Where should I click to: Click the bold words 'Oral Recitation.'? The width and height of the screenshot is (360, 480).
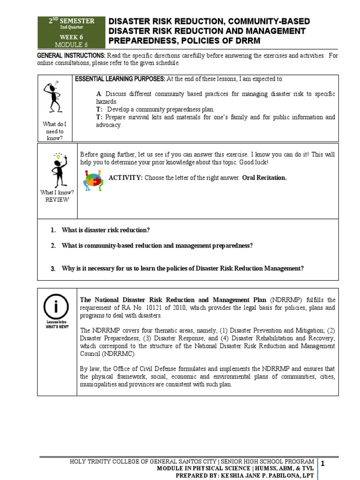(264, 178)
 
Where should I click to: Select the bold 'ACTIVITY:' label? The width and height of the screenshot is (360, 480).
(125, 178)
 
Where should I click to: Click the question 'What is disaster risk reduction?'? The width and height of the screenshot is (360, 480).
(106, 230)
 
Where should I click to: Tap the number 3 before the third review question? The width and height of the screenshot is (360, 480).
(53, 269)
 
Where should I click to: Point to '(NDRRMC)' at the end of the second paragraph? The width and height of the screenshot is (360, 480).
(102, 354)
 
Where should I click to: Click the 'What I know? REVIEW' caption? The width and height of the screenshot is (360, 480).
(57, 196)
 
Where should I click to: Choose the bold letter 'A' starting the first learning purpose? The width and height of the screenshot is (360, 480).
(98, 94)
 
